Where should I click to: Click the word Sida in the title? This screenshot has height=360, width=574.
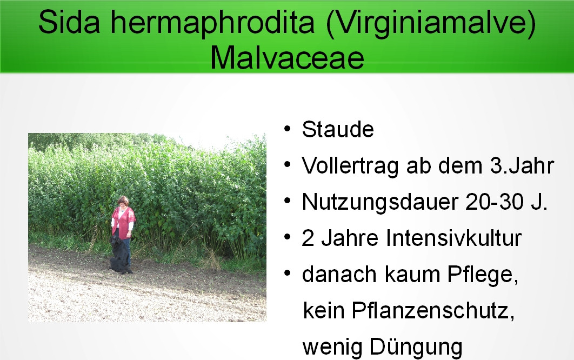pos(69,22)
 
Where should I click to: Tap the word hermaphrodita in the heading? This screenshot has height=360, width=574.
pos(213,23)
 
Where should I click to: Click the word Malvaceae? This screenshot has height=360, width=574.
pos(288,58)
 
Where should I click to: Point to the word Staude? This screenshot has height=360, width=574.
pos(338,129)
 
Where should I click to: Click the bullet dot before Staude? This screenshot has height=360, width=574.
pos(288,129)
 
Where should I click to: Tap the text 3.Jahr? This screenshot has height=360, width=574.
pos(523,165)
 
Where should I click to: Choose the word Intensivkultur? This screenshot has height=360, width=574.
pos(454,238)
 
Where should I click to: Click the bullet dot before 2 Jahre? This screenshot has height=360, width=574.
pos(288,237)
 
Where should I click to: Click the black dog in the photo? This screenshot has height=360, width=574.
pos(121,255)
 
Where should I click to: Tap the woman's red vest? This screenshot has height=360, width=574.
pos(124,222)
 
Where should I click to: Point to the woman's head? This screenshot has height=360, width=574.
pos(123,202)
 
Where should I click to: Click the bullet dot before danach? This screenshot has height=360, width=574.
pos(288,273)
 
